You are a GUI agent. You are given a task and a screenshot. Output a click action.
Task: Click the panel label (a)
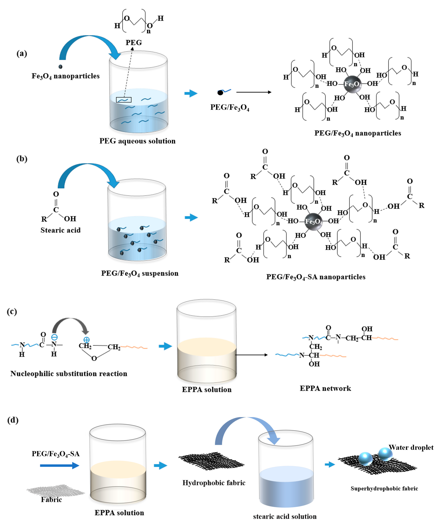22,54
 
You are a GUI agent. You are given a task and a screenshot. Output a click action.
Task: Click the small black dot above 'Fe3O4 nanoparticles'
60,67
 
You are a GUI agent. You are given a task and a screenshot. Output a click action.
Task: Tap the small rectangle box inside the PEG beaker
124,100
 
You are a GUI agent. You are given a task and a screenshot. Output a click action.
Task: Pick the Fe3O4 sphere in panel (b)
313,221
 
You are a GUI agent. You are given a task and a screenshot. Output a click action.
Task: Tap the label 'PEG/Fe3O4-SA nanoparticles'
316,277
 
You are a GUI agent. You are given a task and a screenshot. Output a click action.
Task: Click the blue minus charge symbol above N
54,337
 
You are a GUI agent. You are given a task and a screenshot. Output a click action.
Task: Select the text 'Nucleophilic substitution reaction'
69,374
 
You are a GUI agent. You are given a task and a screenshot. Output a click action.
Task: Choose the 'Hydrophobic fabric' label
214,483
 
